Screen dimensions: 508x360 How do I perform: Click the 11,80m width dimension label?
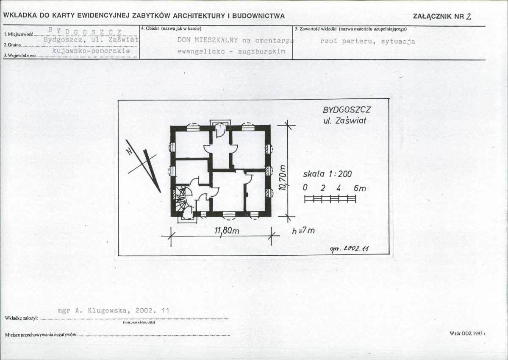point(227,230)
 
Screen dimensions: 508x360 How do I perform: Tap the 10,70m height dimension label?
point(282,177)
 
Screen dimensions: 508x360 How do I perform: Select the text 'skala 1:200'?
point(327,174)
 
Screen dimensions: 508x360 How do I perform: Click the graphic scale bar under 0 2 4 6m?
point(330,199)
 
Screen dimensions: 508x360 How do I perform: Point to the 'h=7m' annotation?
point(303,231)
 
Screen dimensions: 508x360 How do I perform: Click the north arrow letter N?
point(129,151)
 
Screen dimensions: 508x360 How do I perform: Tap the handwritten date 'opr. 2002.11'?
point(349,249)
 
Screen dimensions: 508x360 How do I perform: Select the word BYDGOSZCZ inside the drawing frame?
point(346,110)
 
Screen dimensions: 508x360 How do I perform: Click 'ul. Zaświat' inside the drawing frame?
point(345,120)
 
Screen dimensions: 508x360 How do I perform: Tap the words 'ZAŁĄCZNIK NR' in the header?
point(439,17)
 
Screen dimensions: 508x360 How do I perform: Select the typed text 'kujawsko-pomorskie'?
point(91,51)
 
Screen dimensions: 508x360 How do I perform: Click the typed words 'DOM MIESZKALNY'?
point(208,40)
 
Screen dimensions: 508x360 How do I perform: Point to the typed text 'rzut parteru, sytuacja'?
point(368,41)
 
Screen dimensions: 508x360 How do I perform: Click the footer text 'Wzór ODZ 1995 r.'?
point(468,333)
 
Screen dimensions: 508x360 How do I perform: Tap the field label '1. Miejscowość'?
point(19,34)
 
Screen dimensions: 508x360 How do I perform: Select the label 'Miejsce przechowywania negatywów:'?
point(42,335)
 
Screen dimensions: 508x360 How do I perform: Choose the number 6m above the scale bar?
point(360,188)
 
